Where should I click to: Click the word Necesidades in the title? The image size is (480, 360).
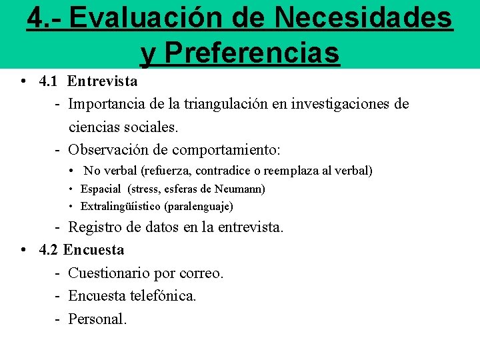pyautogui.click(x=364, y=18)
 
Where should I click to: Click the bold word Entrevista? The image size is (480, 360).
pyautogui.click(x=103, y=81)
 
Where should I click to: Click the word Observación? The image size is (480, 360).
pyautogui.click(x=109, y=149)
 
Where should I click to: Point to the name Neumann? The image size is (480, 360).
pyautogui.click(x=243, y=189)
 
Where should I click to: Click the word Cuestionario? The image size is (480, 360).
pyautogui.click(x=110, y=273)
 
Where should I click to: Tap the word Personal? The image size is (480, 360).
pyautogui.click(x=97, y=319)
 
